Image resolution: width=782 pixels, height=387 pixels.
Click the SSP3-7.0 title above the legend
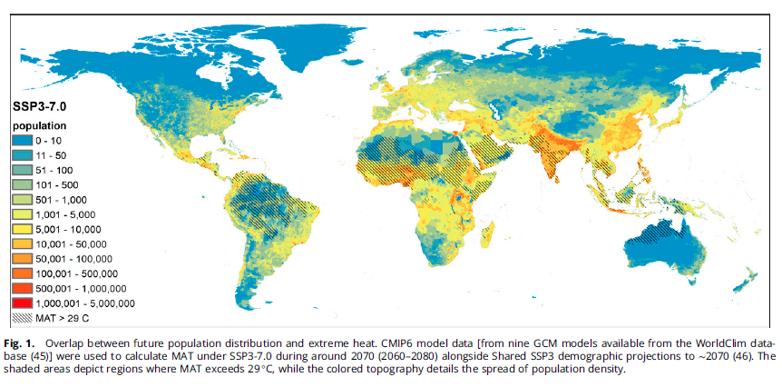pos(41,106)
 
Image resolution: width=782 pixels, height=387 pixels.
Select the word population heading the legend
pos(39,125)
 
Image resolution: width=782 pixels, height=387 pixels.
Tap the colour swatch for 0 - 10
pos(23,141)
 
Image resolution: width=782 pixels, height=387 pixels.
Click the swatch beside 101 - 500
pos(23,184)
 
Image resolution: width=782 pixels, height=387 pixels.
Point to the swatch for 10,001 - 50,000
pos(23,243)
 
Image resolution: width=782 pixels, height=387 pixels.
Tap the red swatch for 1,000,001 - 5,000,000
pos(23,303)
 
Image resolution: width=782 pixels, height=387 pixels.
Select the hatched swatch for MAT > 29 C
pos(23,318)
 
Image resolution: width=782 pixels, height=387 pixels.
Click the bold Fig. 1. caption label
pos(26,343)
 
